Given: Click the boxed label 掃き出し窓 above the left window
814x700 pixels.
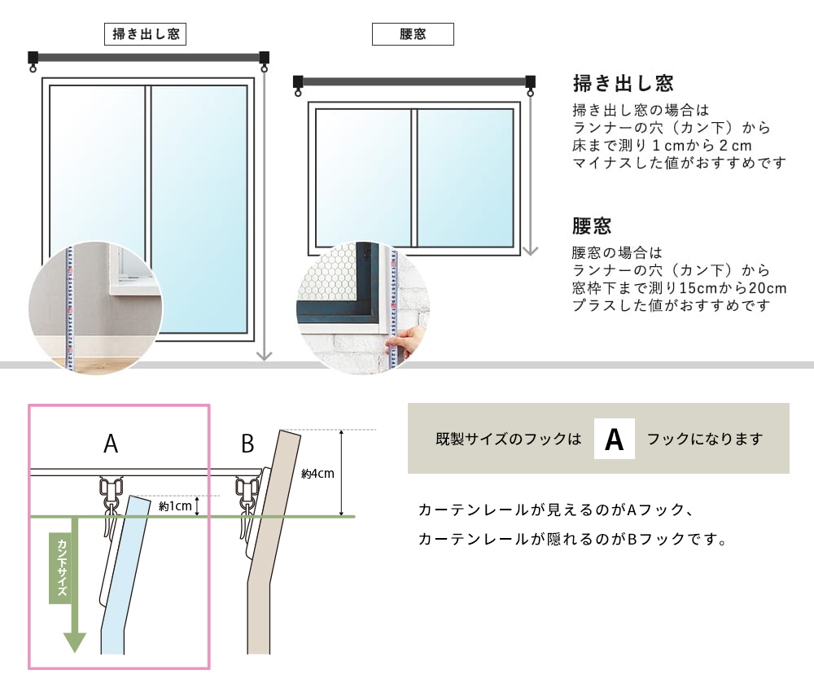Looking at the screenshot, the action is (146, 34).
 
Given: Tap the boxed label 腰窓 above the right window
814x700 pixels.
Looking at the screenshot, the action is (413, 34).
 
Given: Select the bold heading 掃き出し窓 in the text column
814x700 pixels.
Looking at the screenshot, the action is (623, 83).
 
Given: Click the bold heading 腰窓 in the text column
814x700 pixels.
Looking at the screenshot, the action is (592, 226).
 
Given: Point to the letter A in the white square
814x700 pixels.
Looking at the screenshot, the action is (614, 440).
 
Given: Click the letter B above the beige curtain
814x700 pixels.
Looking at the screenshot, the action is (247, 444).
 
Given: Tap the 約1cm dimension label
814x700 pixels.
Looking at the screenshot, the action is (175, 506).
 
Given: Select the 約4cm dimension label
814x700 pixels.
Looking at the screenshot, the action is (317, 474).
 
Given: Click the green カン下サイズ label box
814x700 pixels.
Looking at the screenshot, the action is (61, 568).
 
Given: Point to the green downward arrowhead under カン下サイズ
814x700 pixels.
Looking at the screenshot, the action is (75, 642).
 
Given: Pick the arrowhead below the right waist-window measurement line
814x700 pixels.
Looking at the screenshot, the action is (530, 251).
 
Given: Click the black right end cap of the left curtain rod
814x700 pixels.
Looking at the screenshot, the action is (265, 57).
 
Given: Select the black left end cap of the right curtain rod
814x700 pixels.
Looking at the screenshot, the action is (298, 81).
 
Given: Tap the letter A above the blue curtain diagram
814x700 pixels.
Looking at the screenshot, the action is (111, 444).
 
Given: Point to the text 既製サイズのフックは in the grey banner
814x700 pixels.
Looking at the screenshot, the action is (508, 440).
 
